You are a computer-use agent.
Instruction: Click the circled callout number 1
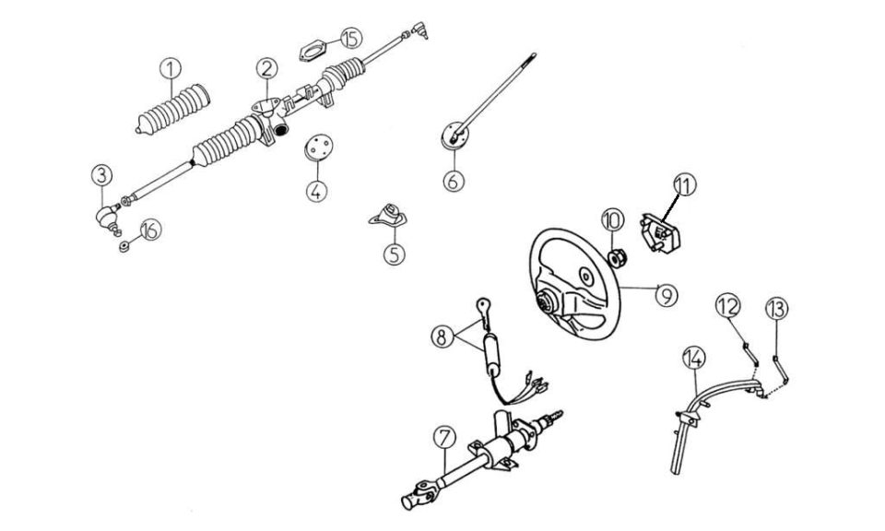pyautogui.click(x=171, y=69)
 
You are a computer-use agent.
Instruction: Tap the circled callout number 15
pyautogui.click(x=351, y=39)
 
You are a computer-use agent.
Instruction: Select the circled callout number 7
pyautogui.click(x=444, y=437)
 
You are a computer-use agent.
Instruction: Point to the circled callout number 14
pyautogui.click(x=693, y=357)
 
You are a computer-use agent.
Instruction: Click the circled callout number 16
pyautogui.click(x=150, y=230)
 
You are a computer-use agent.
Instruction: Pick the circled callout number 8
pyautogui.click(x=442, y=336)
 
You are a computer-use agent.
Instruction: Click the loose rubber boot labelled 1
pyautogui.click(x=173, y=110)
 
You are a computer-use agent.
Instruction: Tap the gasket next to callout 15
pyautogui.click(x=313, y=51)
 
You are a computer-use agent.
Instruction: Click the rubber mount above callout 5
pyautogui.click(x=388, y=216)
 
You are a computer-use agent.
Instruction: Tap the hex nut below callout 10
pyautogui.click(x=616, y=258)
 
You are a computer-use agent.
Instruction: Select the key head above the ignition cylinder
pyautogui.click(x=484, y=306)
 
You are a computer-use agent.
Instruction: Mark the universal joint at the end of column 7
pyautogui.click(x=419, y=494)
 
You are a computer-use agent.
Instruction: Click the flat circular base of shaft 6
pyautogui.click(x=454, y=136)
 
